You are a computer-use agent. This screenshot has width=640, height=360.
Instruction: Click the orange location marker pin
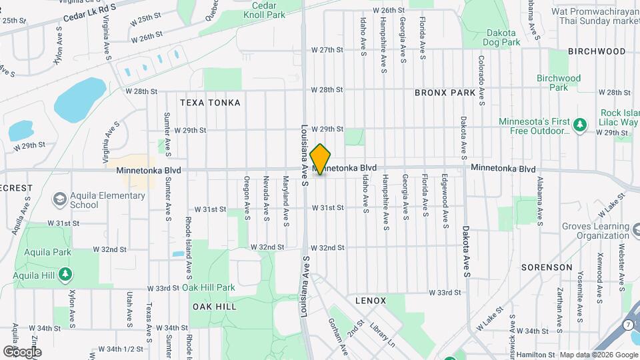point(321,159)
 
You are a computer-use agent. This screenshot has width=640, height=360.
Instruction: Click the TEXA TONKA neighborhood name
point(210,103)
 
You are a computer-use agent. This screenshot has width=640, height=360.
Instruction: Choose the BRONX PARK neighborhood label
point(445,93)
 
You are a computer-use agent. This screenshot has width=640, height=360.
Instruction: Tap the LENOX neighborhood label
point(371,301)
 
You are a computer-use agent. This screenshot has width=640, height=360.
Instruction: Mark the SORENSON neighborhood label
point(547,267)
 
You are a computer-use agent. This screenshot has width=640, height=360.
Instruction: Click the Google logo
point(22,351)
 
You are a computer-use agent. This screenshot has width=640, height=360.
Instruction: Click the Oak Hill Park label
point(209,287)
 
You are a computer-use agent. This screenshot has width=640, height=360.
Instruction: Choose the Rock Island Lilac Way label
point(619,117)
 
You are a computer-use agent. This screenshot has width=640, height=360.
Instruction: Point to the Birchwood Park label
point(559,83)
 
